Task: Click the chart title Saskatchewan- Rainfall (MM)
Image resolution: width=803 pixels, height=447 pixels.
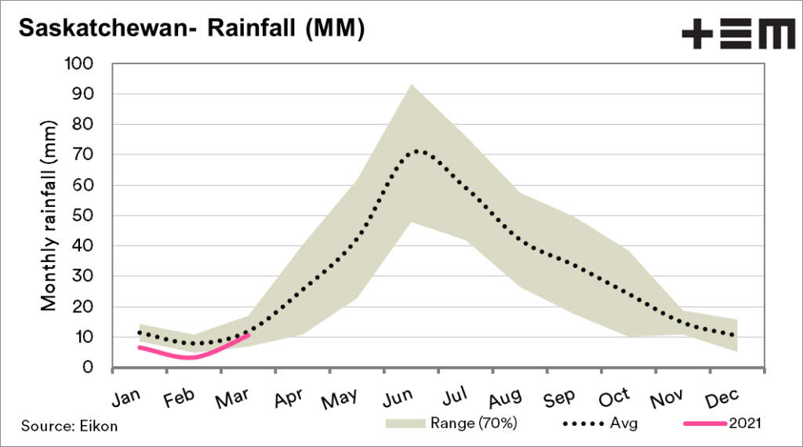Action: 191,29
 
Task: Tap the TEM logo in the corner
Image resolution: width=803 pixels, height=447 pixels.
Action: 737,35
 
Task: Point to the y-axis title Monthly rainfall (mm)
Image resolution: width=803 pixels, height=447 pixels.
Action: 49,216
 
